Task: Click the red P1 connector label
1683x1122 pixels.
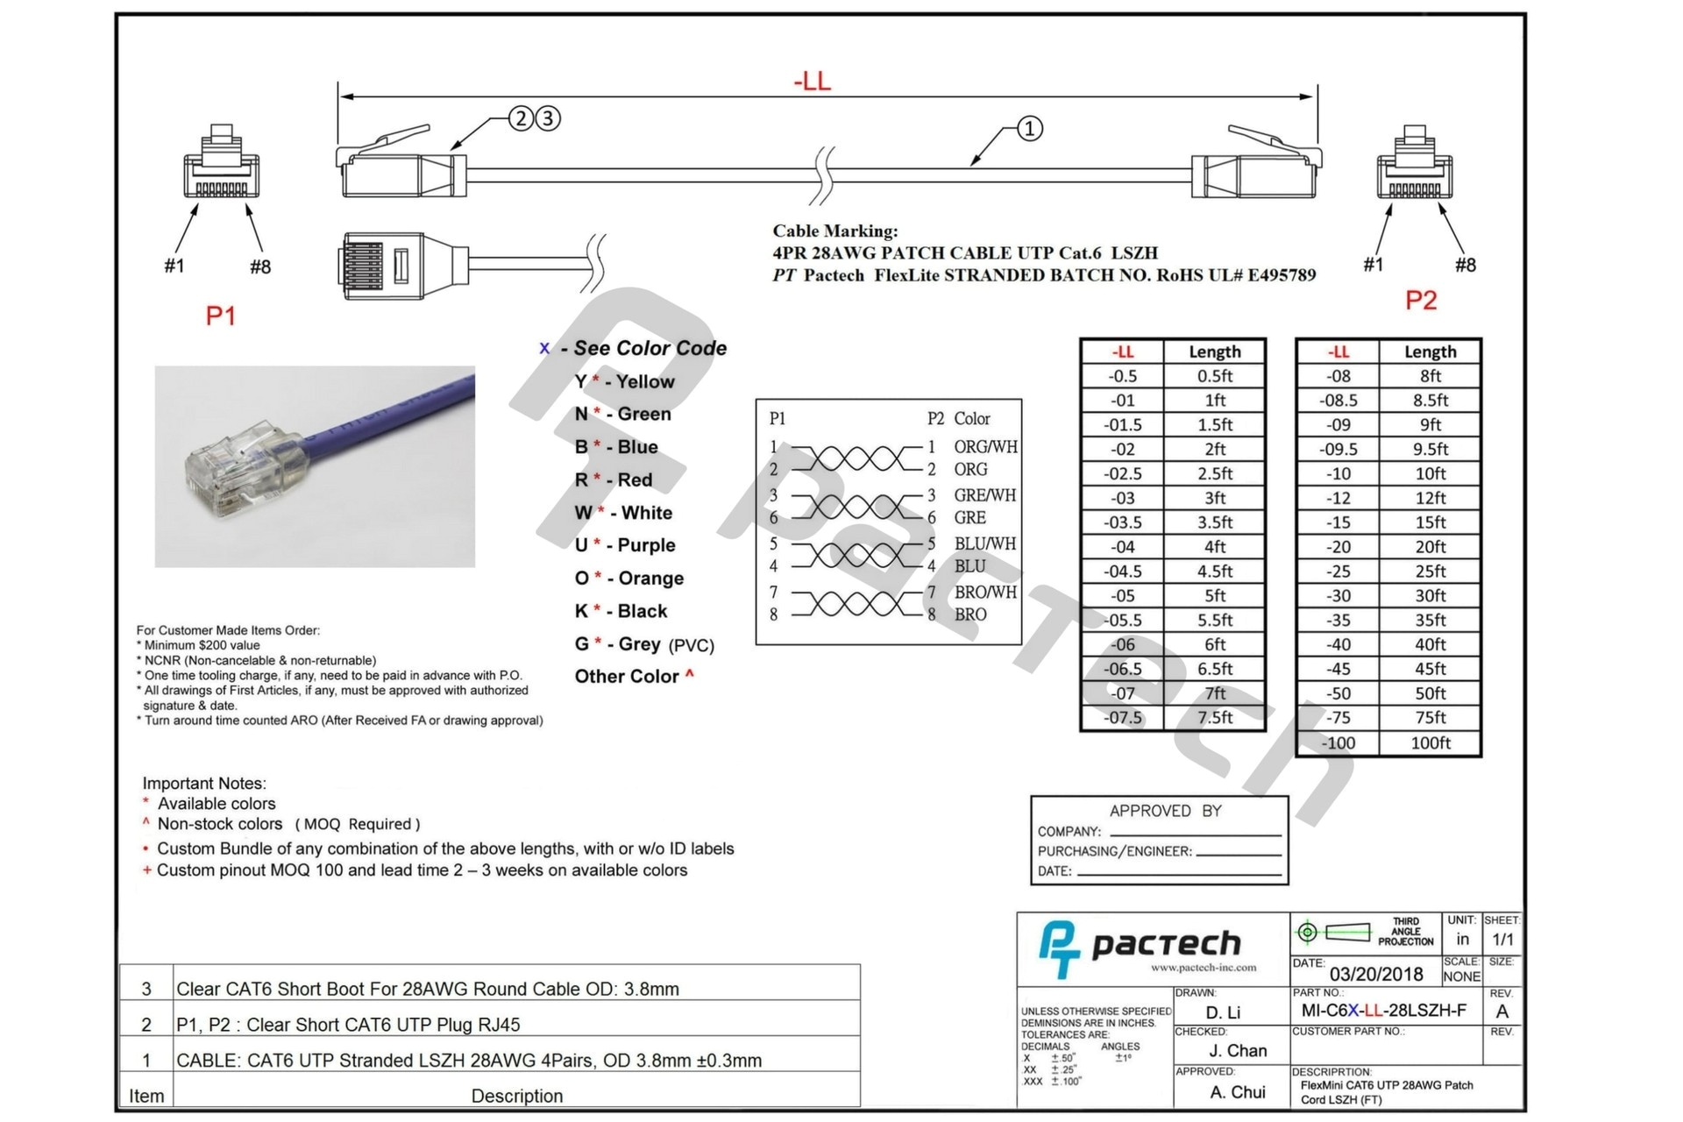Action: coord(220,316)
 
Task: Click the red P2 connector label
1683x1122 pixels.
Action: coord(1420,301)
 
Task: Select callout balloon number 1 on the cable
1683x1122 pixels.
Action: coord(1029,129)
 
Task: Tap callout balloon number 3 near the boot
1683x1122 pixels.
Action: coord(548,118)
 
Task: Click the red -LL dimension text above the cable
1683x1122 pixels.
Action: coord(812,82)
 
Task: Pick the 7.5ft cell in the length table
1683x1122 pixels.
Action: coord(1214,717)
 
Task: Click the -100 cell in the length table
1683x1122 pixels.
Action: coord(1338,742)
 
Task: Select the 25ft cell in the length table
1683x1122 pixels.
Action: coord(1430,571)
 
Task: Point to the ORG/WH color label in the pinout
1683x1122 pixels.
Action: coord(985,446)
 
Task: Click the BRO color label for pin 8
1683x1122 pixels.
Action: coord(970,614)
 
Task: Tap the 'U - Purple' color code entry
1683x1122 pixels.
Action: coord(625,545)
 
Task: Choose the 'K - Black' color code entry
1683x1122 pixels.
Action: coord(621,611)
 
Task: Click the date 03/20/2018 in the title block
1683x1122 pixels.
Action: coord(1375,974)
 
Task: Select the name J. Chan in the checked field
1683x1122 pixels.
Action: coord(1238,1050)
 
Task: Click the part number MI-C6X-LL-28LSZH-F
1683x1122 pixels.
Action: coord(1383,1010)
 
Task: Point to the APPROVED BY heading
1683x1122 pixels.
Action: coord(1165,811)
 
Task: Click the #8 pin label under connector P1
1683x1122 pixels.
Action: coord(260,266)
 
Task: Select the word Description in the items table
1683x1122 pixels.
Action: coord(516,1096)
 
